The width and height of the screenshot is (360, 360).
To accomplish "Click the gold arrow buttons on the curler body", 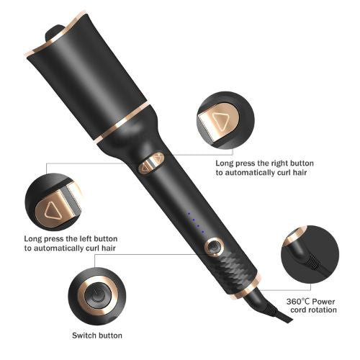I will click(151, 164).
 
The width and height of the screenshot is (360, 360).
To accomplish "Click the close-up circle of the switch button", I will click(96, 294).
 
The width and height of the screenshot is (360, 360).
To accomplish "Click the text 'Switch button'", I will click(96, 336).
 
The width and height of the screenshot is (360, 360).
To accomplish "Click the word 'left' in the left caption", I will click(81, 238).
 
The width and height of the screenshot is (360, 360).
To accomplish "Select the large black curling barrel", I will click(94, 76).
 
